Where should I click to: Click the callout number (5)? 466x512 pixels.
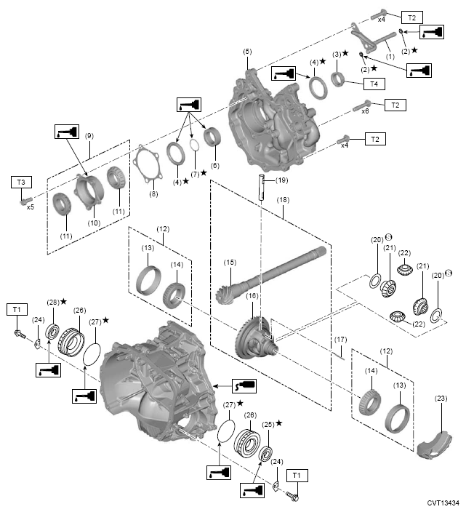coord(247,52)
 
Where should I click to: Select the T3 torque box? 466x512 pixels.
coord(21,181)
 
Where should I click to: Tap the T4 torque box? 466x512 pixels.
coord(374,84)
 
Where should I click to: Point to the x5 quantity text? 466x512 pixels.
coord(31,207)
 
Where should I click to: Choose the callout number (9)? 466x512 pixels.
coord(89,135)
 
